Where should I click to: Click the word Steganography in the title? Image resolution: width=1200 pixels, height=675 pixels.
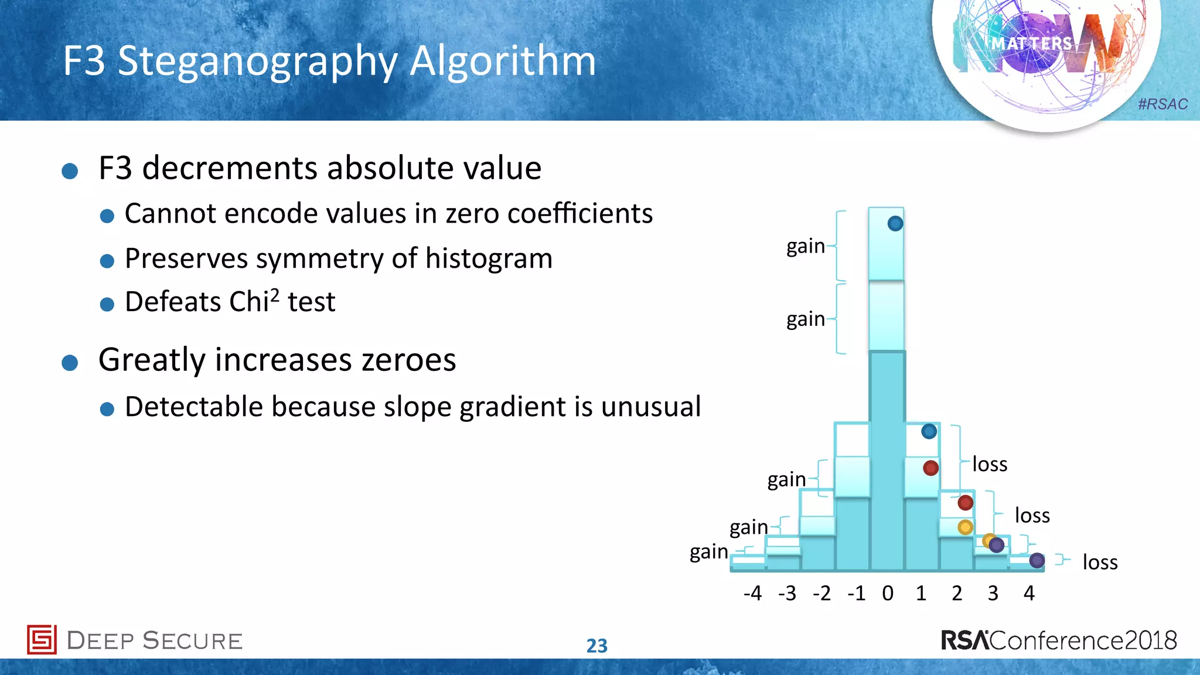[x=258, y=62]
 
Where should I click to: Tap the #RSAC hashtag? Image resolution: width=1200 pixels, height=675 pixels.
[x=1162, y=104]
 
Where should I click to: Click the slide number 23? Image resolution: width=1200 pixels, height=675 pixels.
[x=597, y=646]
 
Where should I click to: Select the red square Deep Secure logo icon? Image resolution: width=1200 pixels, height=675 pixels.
[x=42, y=639]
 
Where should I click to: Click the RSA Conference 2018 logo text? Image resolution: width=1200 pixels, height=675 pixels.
[x=1059, y=640]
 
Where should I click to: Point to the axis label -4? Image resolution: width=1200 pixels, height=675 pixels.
[x=752, y=594]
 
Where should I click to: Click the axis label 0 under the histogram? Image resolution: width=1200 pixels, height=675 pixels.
[x=888, y=594]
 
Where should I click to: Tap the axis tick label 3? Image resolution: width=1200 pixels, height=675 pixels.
[x=993, y=594]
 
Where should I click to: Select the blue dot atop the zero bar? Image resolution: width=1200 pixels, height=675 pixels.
[x=895, y=223]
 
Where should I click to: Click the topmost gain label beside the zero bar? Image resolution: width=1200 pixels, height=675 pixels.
[x=806, y=246]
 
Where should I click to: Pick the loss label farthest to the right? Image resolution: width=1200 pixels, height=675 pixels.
[x=1100, y=562]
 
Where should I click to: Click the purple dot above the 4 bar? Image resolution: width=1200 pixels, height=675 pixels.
[x=1037, y=561]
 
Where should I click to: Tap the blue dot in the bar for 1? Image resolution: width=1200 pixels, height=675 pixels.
[x=929, y=432]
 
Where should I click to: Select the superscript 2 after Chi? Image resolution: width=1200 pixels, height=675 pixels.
[x=275, y=293]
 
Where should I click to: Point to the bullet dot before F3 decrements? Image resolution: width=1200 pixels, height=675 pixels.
[x=70, y=171]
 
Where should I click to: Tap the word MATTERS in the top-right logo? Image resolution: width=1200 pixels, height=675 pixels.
[x=1031, y=44]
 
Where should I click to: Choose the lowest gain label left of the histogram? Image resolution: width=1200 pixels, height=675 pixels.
[x=708, y=552]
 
